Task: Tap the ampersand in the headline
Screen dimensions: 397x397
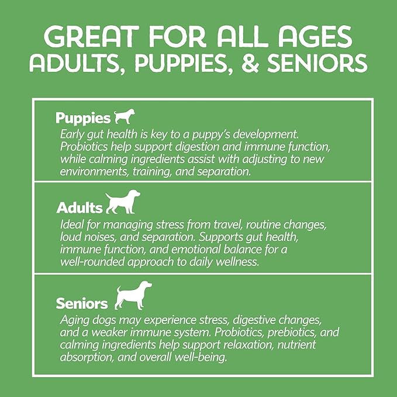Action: (x=250, y=63)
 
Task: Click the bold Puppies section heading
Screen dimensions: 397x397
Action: (x=83, y=118)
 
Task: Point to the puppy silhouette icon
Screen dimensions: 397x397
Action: (x=125, y=116)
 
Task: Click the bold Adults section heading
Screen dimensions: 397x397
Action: (x=80, y=208)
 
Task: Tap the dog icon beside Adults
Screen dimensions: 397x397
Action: (x=123, y=202)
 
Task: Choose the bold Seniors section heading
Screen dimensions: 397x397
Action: (x=82, y=303)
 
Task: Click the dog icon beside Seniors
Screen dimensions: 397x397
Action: (x=133, y=295)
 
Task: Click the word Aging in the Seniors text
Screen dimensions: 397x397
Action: (x=74, y=320)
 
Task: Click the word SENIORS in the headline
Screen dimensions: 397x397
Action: (x=317, y=63)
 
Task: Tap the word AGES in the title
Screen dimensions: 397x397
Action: (x=315, y=36)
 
